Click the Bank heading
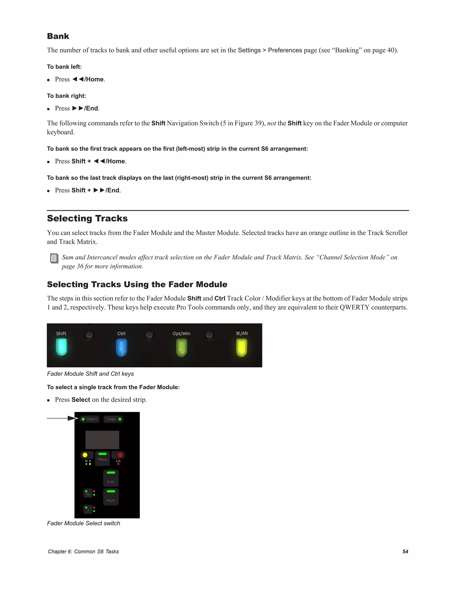pos(58,36)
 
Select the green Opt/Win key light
pos(181,348)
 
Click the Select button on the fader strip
pos(90,419)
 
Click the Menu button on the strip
pos(102,458)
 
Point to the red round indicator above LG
pos(120,455)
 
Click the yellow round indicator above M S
pos(85,455)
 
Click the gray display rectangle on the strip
pos(102,440)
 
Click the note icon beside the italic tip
pos(54,258)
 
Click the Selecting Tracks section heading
pos(87,218)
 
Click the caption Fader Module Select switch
pos(83,523)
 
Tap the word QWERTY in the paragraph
pos(354,307)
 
